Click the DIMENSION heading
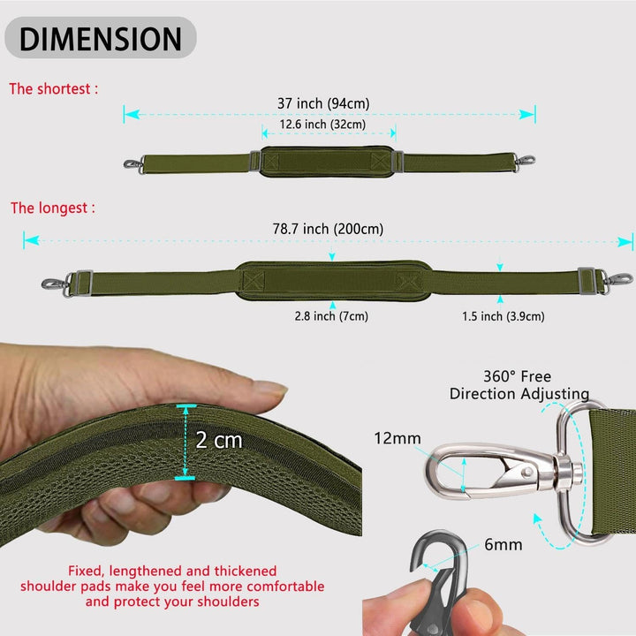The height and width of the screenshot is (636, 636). point(100,39)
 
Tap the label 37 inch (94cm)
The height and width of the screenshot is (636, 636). point(323,103)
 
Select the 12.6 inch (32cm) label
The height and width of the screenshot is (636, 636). point(322,125)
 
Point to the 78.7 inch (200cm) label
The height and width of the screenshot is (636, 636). point(328,229)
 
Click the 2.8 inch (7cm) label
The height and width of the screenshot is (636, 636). point(331,316)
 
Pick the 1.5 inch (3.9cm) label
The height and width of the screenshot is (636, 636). point(503,316)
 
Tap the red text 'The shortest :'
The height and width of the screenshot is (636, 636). point(54,89)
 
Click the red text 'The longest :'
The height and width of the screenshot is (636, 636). point(53,208)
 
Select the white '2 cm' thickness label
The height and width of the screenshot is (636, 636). point(219,440)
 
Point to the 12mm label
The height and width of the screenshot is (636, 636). point(397,438)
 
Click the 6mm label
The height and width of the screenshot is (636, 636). point(503,544)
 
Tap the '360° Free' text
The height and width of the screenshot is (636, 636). point(517,376)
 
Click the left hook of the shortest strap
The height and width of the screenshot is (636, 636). point(133,164)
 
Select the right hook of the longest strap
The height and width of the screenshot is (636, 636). point(619,278)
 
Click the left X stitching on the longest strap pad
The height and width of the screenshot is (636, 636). point(254,280)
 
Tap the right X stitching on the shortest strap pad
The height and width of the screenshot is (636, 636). point(381,161)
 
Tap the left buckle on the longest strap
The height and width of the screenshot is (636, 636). point(82,283)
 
